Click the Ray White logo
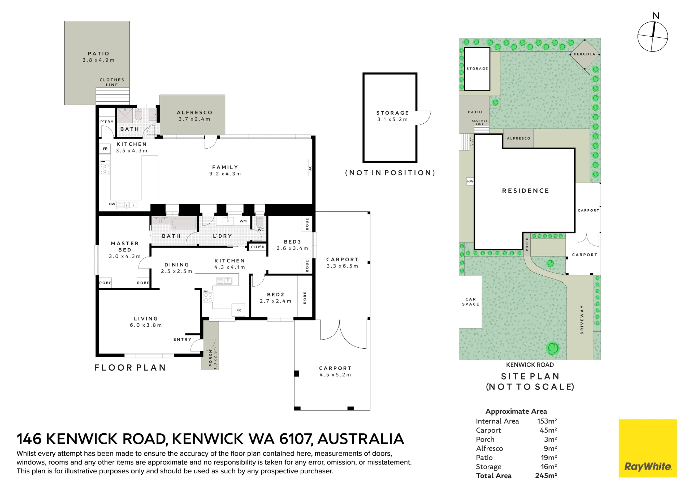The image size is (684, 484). [x=648, y=448]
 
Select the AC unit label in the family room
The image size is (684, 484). [x=310, y=168]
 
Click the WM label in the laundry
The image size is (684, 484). [x=243, y=221]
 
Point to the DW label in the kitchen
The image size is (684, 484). [x=112, y=204]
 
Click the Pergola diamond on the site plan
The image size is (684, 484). [x=585, y=54]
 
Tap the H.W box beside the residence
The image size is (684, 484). [x=470, y=182]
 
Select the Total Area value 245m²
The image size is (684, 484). [x=546, y=476]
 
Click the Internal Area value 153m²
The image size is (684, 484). [x=547, y=421]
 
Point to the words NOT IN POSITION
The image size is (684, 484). [x=390, y=173]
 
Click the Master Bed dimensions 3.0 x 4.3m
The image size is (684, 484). [x=125, y=256]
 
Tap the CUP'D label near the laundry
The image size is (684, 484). [x=258, y=247]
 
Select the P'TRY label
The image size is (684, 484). [x=107, y=122]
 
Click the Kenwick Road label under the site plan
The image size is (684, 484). [x=530, y=365]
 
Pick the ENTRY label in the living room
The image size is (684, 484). [x=182, y=339]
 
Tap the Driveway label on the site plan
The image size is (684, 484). [x=582, y=320]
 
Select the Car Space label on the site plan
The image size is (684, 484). [x=471, y=302]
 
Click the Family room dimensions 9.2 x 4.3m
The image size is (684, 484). [x=225, y=174]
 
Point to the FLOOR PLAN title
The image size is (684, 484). [x=130, y=368]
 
